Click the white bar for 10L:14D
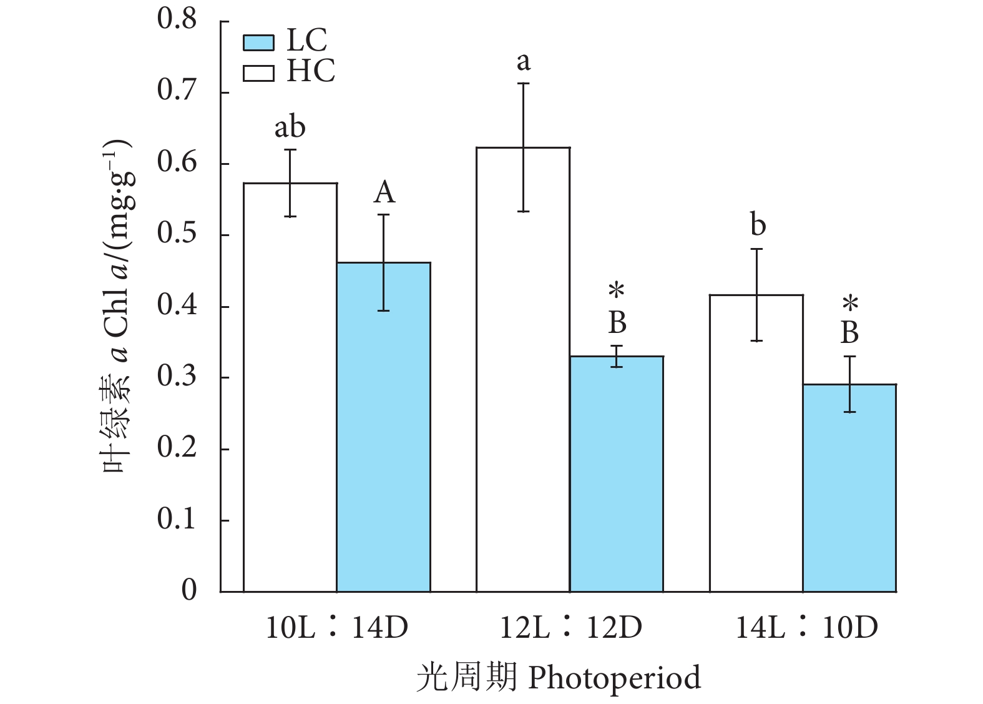pos(290,387)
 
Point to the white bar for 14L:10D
pos(756,443)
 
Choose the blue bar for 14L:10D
pos(849,488)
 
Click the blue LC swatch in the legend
pos(258,42)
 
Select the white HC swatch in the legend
pos(258,72)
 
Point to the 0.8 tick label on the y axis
pos(177,19)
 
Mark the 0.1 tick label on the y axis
pos(177,519)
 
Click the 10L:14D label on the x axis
pos(337,627)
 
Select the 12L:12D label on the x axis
pos(570,627)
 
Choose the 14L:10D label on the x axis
pos(806,627)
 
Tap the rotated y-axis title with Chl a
pos(117,306)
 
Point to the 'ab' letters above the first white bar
pos(290,127)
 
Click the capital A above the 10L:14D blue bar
pos(384,192)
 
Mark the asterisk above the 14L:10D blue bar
pos(850,305)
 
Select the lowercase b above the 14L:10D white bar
pos(758,226)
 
